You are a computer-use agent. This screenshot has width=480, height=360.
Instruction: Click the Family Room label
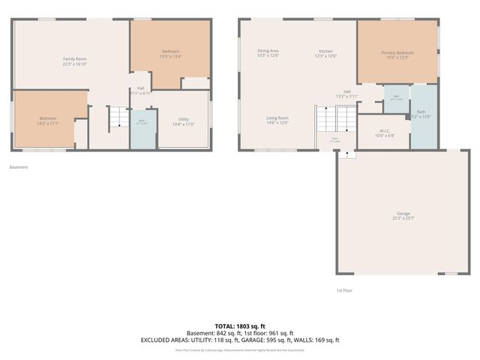75,58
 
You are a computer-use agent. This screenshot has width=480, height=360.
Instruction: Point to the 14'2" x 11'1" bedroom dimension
48,124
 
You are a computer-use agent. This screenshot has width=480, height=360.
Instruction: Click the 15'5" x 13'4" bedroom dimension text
171,56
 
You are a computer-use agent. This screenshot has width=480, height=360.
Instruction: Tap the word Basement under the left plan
19,167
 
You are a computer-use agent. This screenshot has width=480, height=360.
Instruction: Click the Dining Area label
268,51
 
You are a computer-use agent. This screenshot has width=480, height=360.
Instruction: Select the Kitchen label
325,51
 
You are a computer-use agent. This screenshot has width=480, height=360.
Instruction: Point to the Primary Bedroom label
397,52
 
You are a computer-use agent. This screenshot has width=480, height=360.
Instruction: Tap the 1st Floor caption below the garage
344,289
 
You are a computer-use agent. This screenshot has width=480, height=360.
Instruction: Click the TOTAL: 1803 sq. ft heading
240,326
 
